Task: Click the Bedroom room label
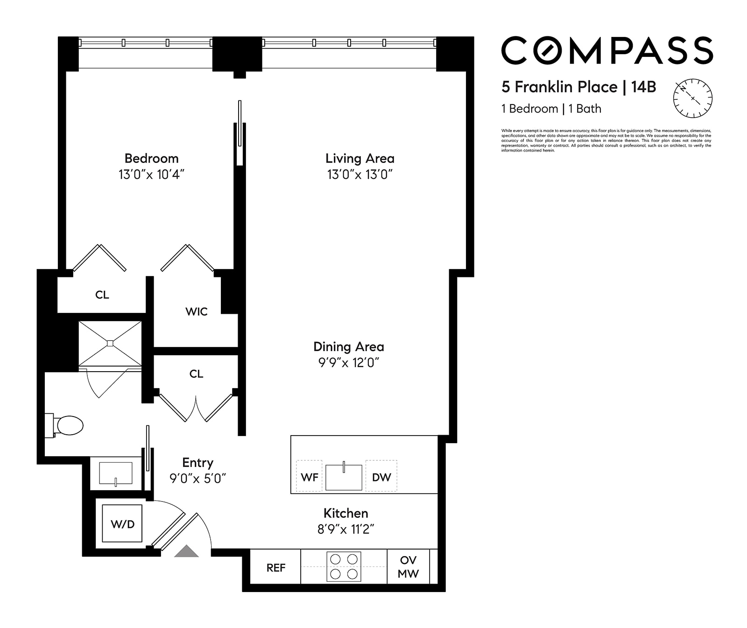point(151,158)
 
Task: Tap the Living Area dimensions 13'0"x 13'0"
point(359,175)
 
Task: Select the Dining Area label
point(348,347)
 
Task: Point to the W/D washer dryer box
point(122,523)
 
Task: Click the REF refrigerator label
point(275,568)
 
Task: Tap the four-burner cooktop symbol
point(344,566)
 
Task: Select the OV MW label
point(408,567)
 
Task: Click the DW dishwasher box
point(381,477)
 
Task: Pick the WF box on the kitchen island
point(310,477)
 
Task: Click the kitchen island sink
point(344,477)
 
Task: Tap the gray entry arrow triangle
point(187,551)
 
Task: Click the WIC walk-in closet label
point(196,311)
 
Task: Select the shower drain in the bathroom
point(110,343)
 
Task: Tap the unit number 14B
point(643,87)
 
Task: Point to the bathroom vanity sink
point(116,473)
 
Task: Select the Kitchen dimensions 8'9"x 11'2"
point(345,529)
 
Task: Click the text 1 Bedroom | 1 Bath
point(551,109)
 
